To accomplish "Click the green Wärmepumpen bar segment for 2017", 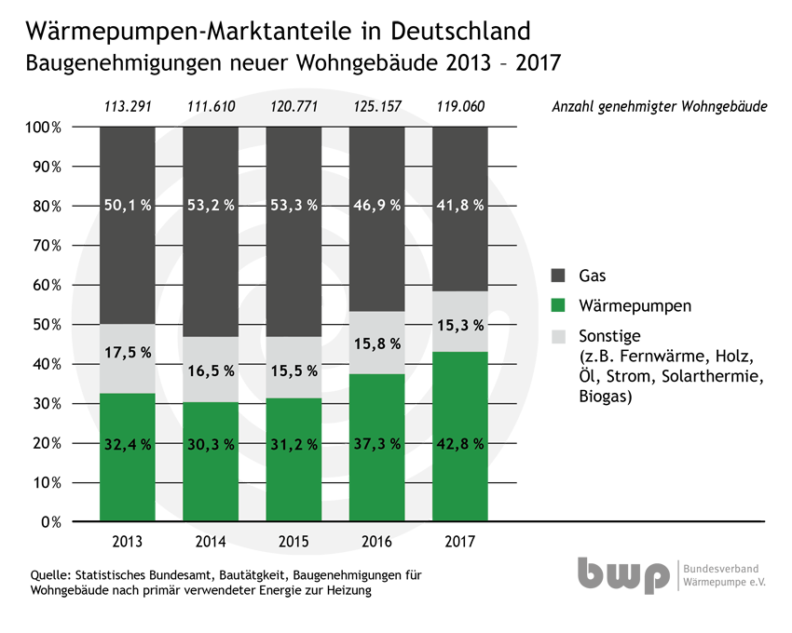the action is (x=460, y=437).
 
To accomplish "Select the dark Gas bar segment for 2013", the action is (x=128, y=225).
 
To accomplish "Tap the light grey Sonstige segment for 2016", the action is (x=376, y=343).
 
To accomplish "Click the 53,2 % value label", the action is (x=211, y=206).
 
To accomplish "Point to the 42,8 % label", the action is (x=460, y=444).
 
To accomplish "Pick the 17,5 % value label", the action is (x=128, y=353).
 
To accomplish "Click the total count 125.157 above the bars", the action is (x=377, y=106).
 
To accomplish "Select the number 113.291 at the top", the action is (x=128, y=106).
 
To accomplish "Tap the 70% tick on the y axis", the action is (x=47, y=246).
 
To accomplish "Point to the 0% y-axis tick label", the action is (x=51, y=522).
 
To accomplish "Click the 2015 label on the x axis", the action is (x=294, y=542).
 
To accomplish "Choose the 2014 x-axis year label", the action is (x=211, y=542).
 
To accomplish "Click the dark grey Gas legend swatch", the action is (x=558, y=276).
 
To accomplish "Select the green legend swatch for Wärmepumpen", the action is (x=558, y=305).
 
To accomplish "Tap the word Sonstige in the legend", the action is (x=609, y=336).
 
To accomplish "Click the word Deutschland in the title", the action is (x=460, y=32).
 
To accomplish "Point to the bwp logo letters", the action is (x=623, y=575).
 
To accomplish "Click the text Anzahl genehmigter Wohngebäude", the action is (x=660, y=107).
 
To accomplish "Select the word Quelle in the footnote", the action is (x=49, y=575).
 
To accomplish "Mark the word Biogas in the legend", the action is (x=605, y=397).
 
